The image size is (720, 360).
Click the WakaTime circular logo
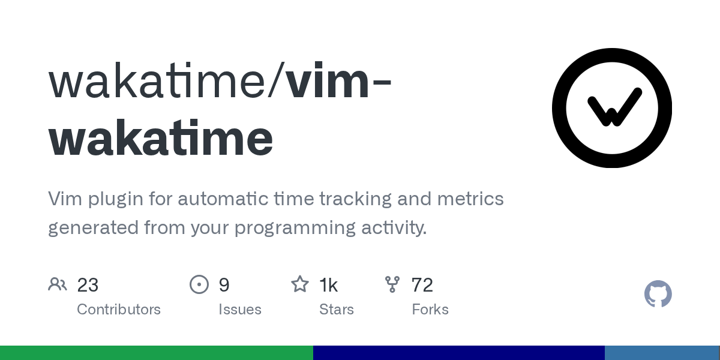point(611,108)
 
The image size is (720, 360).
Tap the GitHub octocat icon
point(658,294)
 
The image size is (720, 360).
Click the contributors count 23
point(88,285)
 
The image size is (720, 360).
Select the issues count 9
point(224,285)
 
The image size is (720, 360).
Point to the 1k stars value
point(328,285)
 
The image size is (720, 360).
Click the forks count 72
point(422,285)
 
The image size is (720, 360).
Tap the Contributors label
point(119,310)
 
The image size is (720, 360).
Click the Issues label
point(240,310)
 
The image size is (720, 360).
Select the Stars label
point(337,310)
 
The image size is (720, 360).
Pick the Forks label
point(430,310)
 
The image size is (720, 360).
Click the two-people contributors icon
point(58,284)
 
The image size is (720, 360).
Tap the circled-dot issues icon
point(199,284)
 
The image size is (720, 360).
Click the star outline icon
point(300,284)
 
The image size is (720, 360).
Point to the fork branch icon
point(392,284)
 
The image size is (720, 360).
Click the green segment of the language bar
point(156,353)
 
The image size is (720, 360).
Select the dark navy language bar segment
point(458,353)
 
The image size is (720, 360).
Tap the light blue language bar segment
point(662,353)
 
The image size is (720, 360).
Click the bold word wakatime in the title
point(161,138)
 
